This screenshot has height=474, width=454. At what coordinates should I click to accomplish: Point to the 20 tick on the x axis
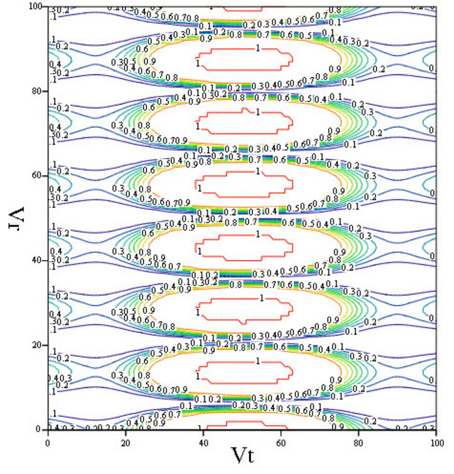pos(126,441)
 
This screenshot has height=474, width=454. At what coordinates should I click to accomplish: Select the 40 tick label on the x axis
pos(203,441)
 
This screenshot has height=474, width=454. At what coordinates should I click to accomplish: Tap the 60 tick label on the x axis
pos(281,441)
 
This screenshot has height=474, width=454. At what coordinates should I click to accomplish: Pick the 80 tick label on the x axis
pos(359,441)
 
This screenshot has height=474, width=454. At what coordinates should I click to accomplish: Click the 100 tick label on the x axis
pos(436,441)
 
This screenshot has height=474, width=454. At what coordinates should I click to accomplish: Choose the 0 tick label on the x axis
pos(48,441)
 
